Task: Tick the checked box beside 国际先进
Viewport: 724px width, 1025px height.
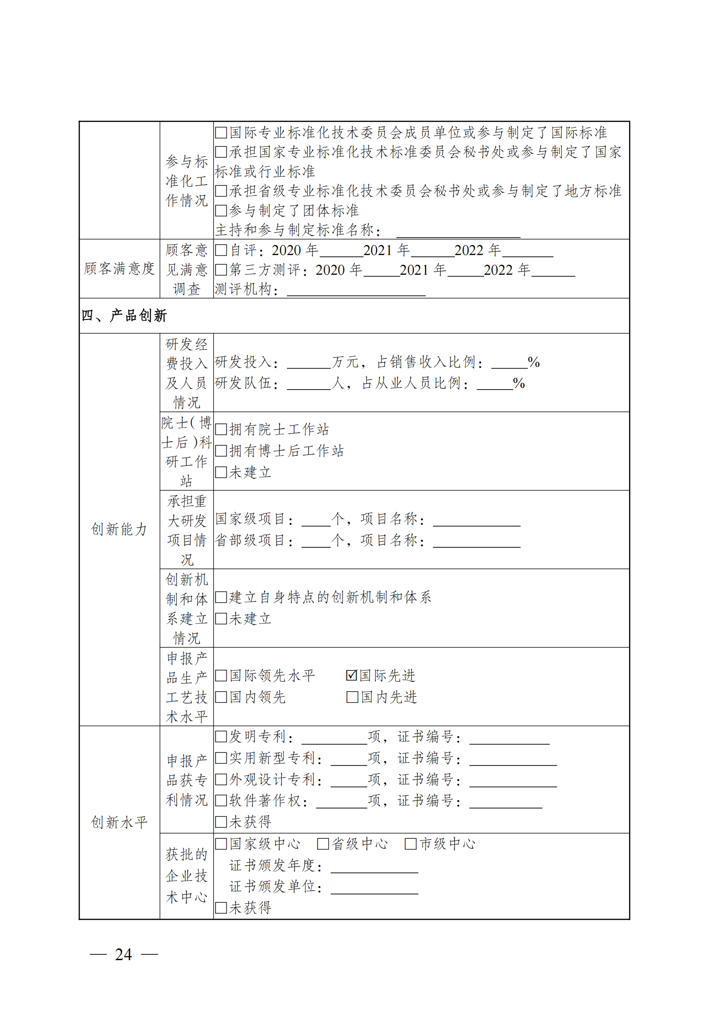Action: click(x=352, y=675)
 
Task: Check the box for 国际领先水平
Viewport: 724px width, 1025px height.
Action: click(x=221, y=675)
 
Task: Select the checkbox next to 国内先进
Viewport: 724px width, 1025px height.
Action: click(x=352, y=697)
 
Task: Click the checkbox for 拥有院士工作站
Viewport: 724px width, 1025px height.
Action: click(x=221, y=429)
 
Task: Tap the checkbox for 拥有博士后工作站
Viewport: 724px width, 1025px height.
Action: click(x=221, y=451)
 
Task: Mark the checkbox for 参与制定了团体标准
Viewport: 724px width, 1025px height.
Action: click(x=221, y=211)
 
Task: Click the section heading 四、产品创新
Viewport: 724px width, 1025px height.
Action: click(x=124, y=316)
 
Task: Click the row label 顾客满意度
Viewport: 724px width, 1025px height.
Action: click(x=119, y=269)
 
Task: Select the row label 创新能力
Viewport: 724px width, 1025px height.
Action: click(x=119, y=529)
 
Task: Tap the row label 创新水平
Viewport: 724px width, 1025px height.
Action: click(x=119, y=822)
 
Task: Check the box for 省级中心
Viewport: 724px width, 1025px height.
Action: click(x=322, y=844)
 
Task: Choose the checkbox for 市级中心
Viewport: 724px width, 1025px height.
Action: click(x=410, y=844)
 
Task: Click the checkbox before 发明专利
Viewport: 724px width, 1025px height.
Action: click(x=221, y=737)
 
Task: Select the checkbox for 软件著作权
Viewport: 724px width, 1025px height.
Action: click(x=221, y=801)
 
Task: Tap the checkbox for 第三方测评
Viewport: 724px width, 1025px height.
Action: click(x=221, y=270)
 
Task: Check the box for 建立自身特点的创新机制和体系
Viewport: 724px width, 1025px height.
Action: click(x=221, y=597)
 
